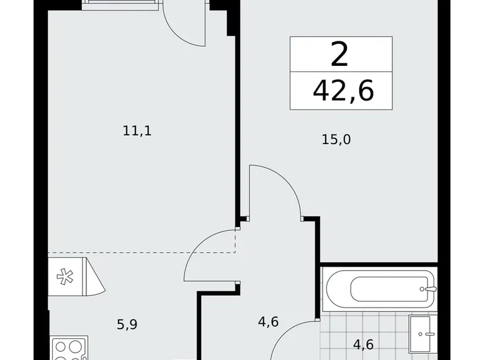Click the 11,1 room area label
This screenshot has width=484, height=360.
coord(137,131)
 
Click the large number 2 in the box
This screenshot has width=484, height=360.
coord(340,55)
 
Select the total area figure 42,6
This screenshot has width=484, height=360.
coord(343,91)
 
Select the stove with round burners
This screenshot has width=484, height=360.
coord(68,348)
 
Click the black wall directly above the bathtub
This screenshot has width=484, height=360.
coord(379,263)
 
